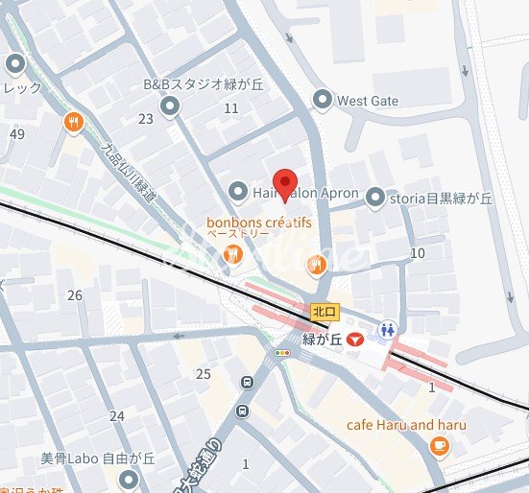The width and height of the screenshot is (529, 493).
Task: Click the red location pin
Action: click(283, 182)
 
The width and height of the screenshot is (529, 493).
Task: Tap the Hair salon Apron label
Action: click(305, 194)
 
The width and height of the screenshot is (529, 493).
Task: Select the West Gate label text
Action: click(368, 100)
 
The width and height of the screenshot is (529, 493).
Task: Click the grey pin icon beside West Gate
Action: click(323, 99)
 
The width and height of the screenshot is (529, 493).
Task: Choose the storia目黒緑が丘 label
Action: click(441, 198)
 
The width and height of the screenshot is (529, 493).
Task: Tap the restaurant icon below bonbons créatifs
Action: click(231, 254)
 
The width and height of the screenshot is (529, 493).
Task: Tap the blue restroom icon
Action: click(388, 329)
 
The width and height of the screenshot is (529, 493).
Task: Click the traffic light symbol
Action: click(282, 353)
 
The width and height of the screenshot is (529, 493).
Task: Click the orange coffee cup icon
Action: click(439, 444)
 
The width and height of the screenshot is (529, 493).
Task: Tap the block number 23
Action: click(146, 119)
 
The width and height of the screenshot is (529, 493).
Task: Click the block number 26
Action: click(75, 294)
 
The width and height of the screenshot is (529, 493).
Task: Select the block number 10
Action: click(417, 253)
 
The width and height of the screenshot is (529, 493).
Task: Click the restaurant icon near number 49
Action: click(72, 122)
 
